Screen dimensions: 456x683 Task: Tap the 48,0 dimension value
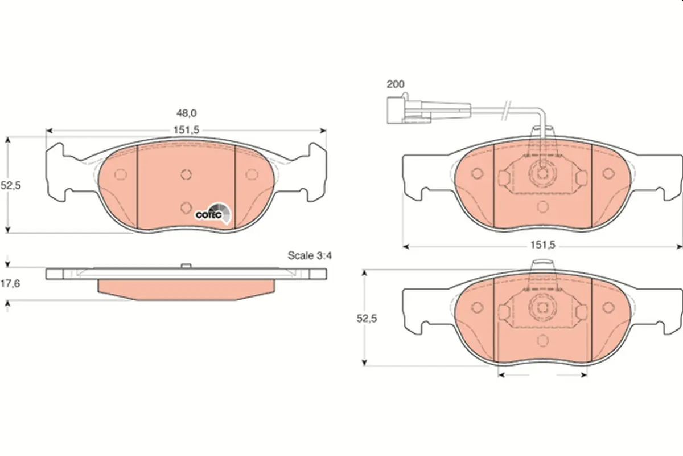[x=187, y=114]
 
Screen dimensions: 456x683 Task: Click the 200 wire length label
[x=395, y=84]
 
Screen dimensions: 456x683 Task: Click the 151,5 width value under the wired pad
[x=542, y=246]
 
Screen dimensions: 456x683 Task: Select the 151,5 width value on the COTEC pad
[x=187, y=130]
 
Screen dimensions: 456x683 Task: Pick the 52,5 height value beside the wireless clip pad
[x=367, y=319]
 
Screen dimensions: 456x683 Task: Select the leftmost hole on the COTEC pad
[x=120, y=174]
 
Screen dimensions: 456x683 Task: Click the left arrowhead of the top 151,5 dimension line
[x=48, y=131]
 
